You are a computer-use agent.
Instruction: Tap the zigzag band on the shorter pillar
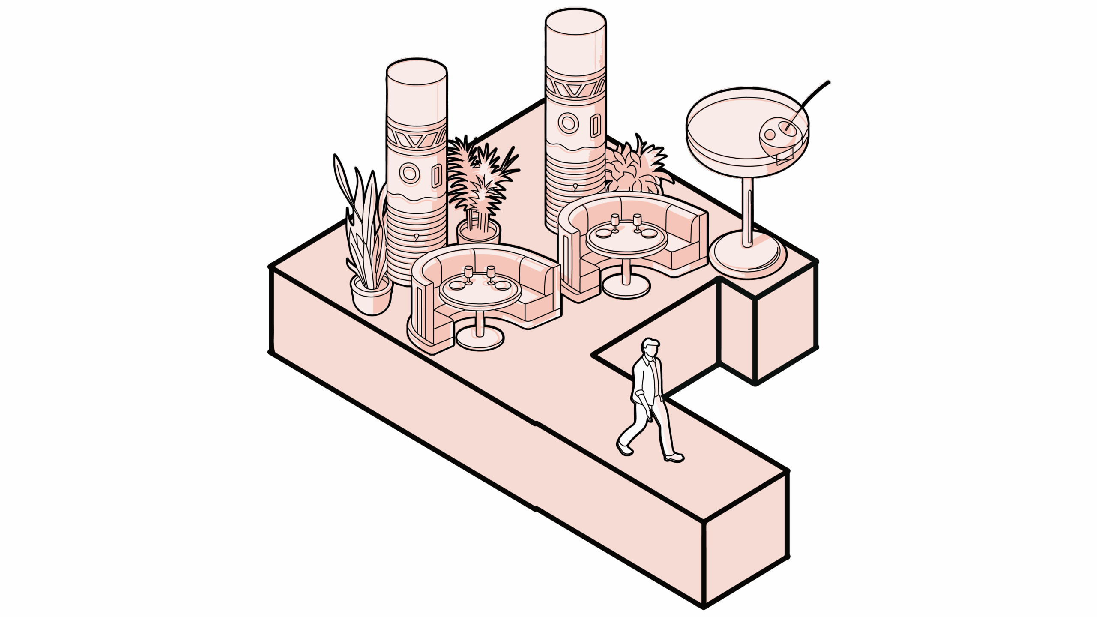point(417,140)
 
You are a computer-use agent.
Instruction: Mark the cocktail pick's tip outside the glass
point(828,82)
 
